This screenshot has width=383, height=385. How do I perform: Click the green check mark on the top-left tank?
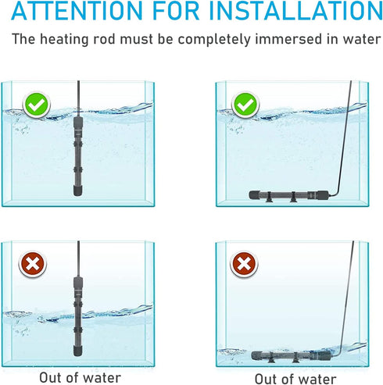[35, 104]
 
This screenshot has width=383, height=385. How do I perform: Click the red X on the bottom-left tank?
[33, 265]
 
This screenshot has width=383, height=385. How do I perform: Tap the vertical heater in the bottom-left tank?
[79, 308]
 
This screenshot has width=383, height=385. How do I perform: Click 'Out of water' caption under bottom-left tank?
[81, 376]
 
